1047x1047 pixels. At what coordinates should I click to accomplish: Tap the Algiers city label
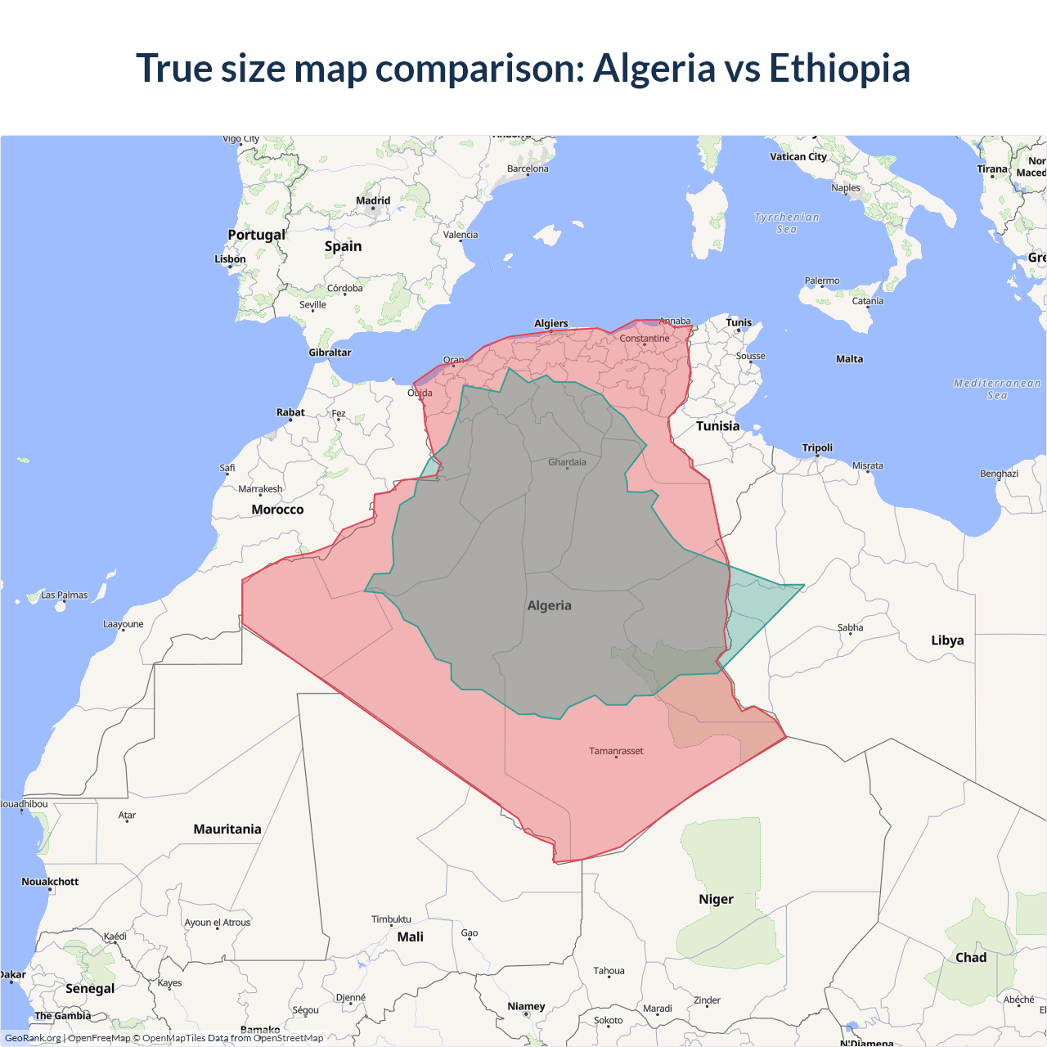pyautogui.click(x=550, y=323)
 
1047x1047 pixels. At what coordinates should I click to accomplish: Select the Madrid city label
pyautogui.click(x=373, y=200)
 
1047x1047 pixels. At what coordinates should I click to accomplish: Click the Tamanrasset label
pyautogui.click(x=616, y=751)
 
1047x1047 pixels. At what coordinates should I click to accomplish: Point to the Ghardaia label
pyautogui.click(x=567, y=462)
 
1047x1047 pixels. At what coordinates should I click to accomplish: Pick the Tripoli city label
pyautogui.click(x=817, y=447)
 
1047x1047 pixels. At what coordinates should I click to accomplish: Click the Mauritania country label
pyautogui.click(x=227, y=829)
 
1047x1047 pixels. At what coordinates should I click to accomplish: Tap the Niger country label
pyautogui.click(x=716, y=899)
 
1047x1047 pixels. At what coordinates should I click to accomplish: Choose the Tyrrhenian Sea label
pyautogui.click(x=786, y=222)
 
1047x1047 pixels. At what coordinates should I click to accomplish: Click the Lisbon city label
pyautogui.click(x=230, y=259)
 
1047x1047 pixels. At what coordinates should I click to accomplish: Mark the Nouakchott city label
pyautogui.click(x=50, y=882)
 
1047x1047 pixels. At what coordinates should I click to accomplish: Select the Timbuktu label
pyautogui.click(x=391, y=919)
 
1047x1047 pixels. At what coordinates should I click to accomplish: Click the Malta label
pyautogui.click(x=849, y=359)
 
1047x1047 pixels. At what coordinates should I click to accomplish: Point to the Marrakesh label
pyautogui.click(x=260, y=489)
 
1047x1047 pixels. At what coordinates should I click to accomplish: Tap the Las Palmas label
pyautogui.click(x=64, y=595)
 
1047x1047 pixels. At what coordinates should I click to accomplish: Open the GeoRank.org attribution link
pyautogui.click(x=33, y=1038)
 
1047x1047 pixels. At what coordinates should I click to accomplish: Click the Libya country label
pyautogui.click(x=947, y=640)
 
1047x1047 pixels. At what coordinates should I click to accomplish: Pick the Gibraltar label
pyautogui.click(x=330, y=353)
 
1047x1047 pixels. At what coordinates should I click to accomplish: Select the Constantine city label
pyautogui.click(x=644, y=339)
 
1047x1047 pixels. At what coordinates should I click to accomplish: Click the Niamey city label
pyautogui.click(x=526, y=1006)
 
